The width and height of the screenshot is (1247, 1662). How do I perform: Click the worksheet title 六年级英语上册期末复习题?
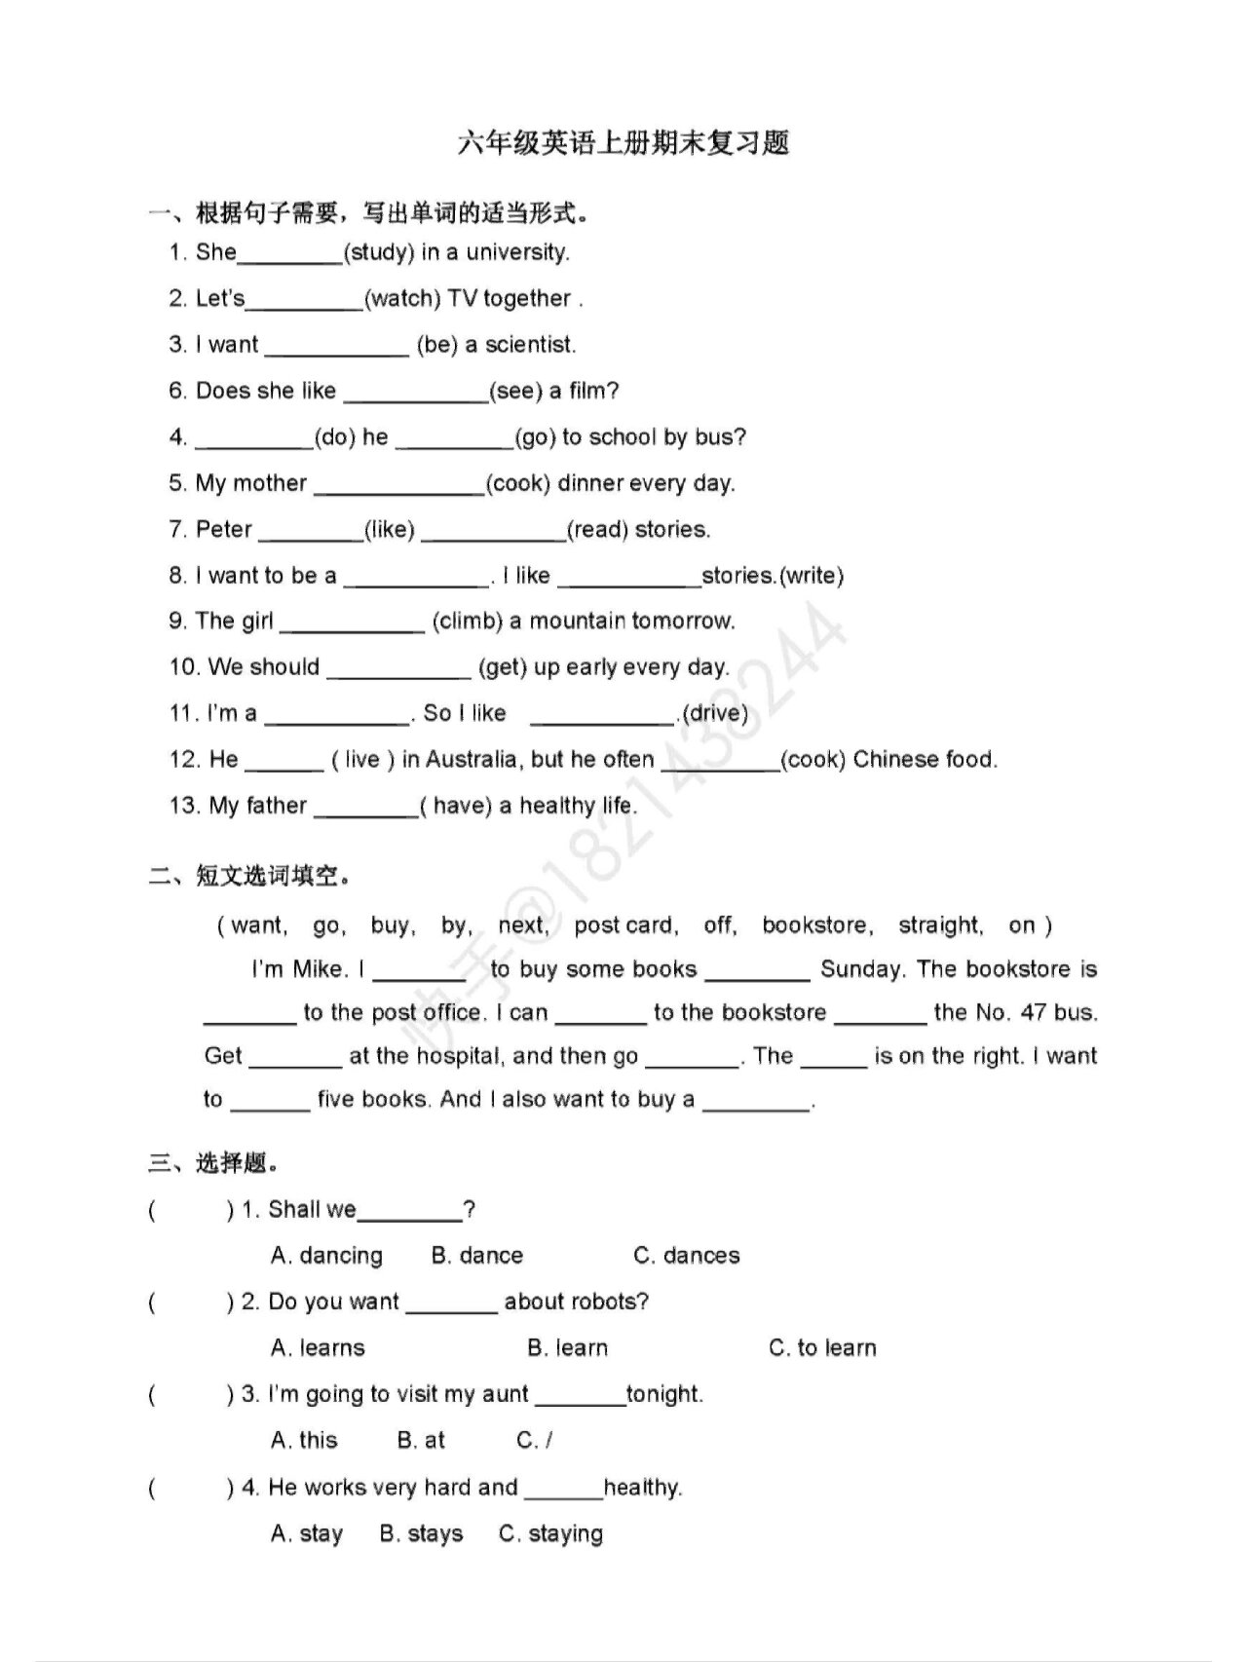pos(623,143)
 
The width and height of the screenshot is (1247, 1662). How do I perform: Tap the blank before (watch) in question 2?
pos(304,299)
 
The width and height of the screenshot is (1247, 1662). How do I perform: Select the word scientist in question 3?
pos(530,345)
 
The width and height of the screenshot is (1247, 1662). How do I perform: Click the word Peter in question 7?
pos(224,529)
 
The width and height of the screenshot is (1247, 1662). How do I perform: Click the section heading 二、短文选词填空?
pos(248,876)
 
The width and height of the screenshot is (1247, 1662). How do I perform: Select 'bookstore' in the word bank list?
pos(816,925)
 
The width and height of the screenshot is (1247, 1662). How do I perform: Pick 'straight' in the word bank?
pos(939,925)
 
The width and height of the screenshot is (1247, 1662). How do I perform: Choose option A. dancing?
pos(326,1256)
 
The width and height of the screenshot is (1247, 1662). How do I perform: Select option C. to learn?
pos(822,1348)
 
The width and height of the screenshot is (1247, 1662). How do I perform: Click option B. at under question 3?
pos(421,1440)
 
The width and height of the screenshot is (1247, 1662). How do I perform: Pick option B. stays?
pos(421,1533)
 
